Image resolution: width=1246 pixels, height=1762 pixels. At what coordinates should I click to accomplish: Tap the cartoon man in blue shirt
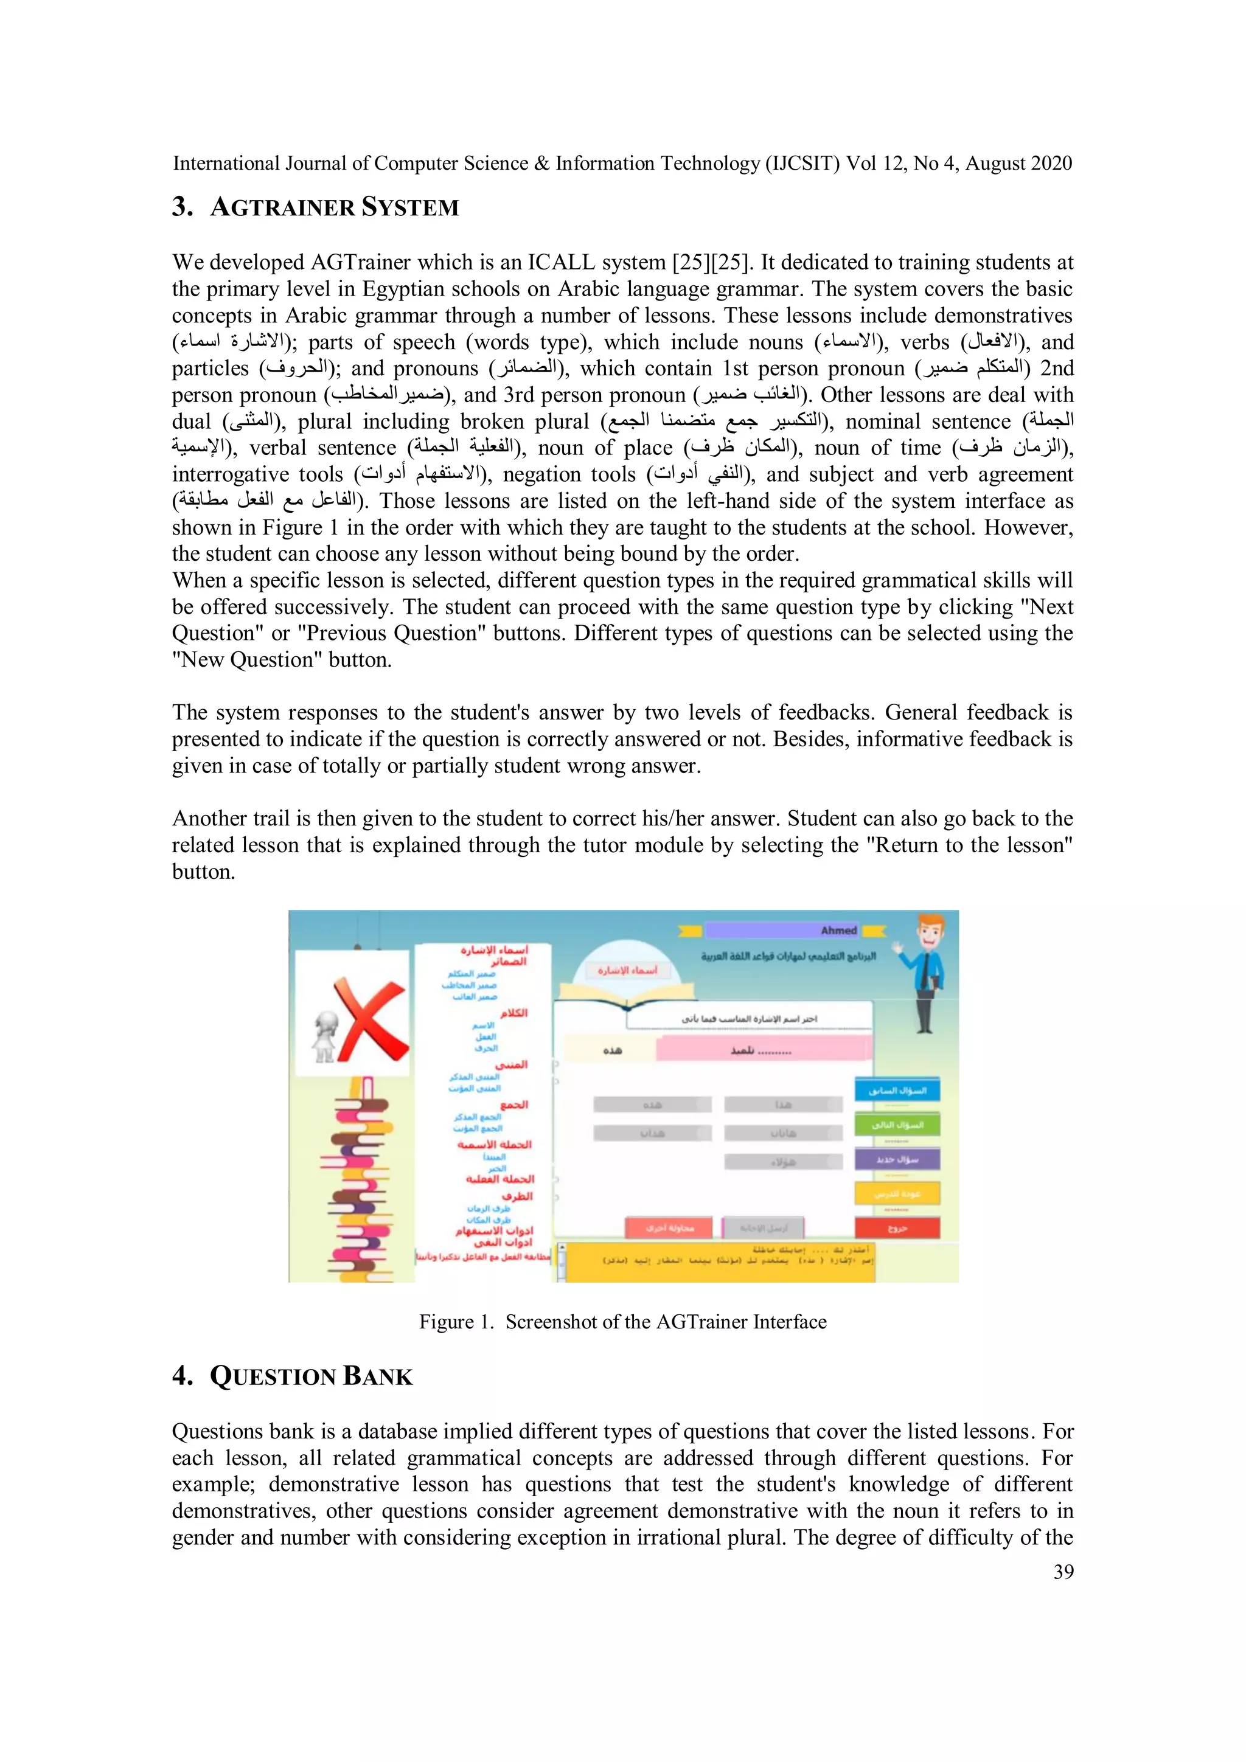point(927,971)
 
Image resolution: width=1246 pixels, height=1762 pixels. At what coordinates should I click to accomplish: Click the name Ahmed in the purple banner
point(838,930)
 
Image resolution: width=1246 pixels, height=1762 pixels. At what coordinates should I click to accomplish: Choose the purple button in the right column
point(897,1159)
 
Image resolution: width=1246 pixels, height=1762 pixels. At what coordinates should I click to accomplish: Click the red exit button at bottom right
point(897,1228)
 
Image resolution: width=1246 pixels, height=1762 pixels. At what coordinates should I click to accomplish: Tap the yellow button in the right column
point(897,1193)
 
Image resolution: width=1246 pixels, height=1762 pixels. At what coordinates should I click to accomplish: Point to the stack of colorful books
point(364,1178)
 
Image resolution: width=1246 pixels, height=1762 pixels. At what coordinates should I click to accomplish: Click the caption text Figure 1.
point(456,1322)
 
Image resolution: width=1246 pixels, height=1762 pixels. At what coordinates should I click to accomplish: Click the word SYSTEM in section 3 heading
point(410,207)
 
